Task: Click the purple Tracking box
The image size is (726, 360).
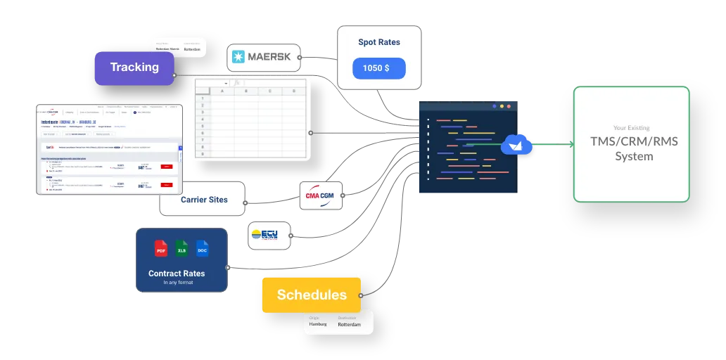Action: [x=134, y=68]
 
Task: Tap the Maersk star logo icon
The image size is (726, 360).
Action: [x=238, y=57]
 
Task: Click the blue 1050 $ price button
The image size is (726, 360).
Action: [x=379, y=68]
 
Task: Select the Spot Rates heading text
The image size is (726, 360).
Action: [x=379, y=42]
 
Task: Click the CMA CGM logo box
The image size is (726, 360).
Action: [x=321, y=196]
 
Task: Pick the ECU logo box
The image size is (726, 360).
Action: [x=264, y=236]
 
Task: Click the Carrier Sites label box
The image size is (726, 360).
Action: [x=203, y=200]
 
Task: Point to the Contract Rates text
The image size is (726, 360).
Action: [x=177, y=274]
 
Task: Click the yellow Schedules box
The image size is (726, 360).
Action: [x=312, y=295]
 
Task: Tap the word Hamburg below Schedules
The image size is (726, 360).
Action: [x=318, y=325]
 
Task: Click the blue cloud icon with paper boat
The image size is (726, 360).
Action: [x=516, y=145]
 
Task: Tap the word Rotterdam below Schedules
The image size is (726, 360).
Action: [x=349, y=325]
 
